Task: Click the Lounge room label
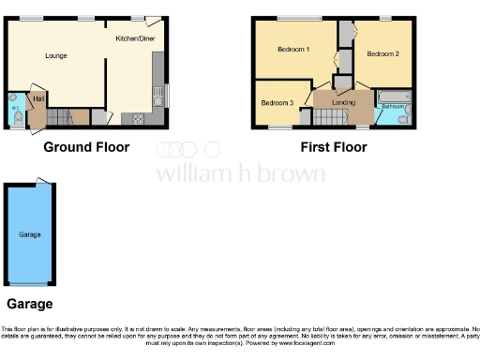click(x=57, y=55)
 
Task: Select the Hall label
click(x=38, y=98)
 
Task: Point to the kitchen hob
click(x=139, y=118)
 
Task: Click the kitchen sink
click(x=157, y=94)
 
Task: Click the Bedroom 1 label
click(x=294, y=49)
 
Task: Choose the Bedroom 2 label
click(x=382, y=54)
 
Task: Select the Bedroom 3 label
click(x=277, y=102)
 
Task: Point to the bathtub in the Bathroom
click(x=391, y=96)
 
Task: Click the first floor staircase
click(x=328, y=118)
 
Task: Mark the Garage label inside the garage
click(x=30, y=233)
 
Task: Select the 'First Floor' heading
click(x=333, y=147)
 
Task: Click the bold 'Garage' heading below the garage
click(x=30, y=304)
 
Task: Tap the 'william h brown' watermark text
click(x=240, y=173)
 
